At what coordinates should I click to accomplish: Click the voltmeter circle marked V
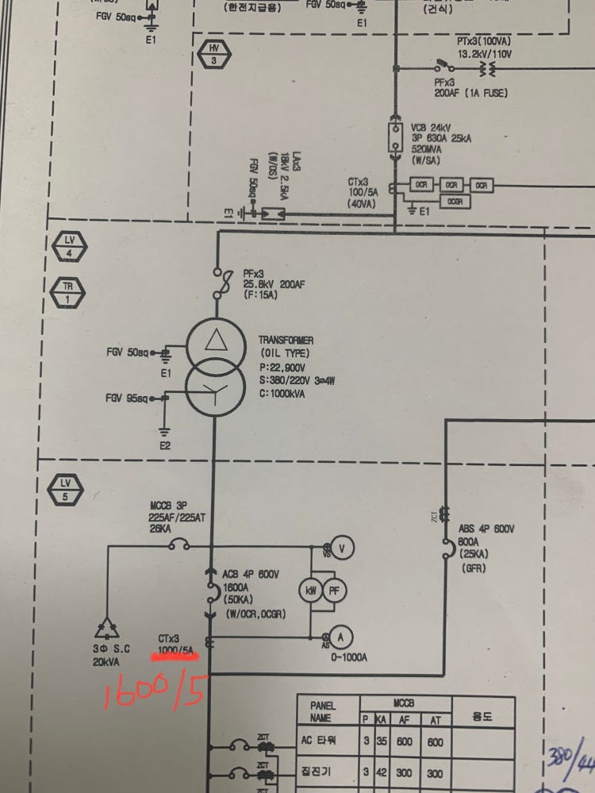pyautogui.click(x=342, y=547)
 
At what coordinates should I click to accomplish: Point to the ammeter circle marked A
pyautogui.click(x=340, y=636)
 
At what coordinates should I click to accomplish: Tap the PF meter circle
pyautogui.click(x=334, y=590)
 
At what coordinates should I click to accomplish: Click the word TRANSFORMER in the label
pyautogui.click(x=286, y=341)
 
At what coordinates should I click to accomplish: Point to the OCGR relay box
pyautogui.click(x=455, y=202)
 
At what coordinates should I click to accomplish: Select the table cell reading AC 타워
pyautogui.click(x=321, y=742)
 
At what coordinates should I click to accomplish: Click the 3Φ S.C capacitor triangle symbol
pyautogui.click(x=105, y=629)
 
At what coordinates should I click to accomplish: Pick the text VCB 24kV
pyautogui.click(x=432, y=128)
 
